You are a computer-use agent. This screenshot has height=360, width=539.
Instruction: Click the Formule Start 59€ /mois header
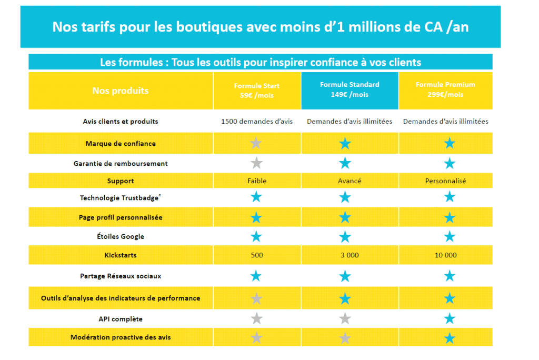coord(257,91)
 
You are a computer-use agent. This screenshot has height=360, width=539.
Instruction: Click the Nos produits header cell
coord(121,91)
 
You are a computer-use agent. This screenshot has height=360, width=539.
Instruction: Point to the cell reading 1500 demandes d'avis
coord(257,122)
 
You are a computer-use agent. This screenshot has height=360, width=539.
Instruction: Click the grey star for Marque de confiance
coord(256,143)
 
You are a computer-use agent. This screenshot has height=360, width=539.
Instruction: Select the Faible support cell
coord(257,181)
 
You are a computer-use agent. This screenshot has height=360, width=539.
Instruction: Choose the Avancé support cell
coord(350,181)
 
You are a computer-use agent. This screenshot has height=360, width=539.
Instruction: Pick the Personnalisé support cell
coord(445,181)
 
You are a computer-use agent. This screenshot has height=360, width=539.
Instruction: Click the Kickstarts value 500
coord(257,255)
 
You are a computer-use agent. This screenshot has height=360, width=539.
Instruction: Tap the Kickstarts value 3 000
coord(350,255)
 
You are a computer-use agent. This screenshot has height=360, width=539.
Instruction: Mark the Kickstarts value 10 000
coord(445,255)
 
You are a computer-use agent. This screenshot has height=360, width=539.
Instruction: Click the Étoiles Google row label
coord(121,236)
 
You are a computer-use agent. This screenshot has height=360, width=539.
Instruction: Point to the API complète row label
coord(121,319)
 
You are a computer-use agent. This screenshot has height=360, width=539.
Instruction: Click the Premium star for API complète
coord(450,318)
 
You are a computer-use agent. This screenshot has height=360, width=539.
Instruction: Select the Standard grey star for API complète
coord(345,318)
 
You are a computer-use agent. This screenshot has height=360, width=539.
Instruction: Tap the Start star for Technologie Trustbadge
coord(256,197)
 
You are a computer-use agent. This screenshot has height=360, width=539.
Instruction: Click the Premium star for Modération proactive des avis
coord(450,338)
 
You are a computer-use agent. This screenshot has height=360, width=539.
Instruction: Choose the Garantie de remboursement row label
coord(121,164)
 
